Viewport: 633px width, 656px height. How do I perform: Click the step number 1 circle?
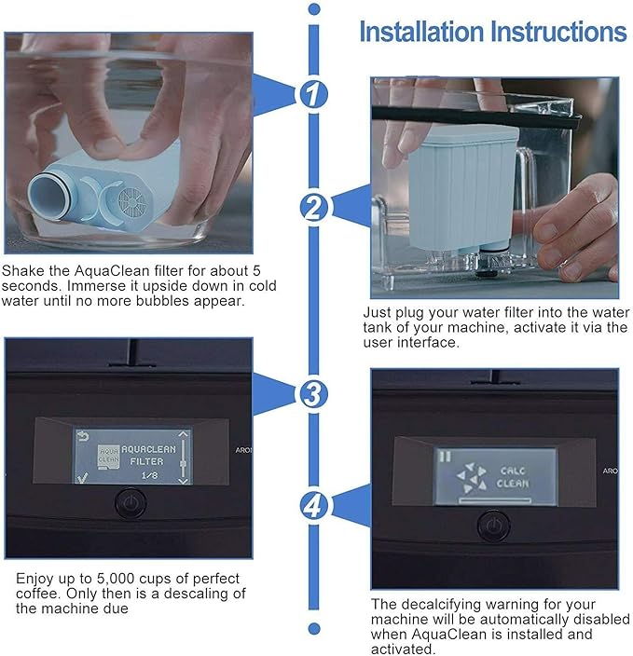click(313, 94)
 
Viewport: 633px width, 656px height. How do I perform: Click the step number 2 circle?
click(313, 208)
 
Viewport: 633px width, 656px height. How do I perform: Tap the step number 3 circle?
click(313, 394)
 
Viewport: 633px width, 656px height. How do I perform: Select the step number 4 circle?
click(313, 506)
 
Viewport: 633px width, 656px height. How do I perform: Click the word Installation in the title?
click(421, 32)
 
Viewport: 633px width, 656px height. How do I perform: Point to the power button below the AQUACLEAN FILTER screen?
click(131, 503)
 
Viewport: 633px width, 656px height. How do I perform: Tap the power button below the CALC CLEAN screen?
click(494, 526)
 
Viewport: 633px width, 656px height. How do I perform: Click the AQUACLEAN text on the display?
click(148, 449)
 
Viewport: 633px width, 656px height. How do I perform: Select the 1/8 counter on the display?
click(149, 475)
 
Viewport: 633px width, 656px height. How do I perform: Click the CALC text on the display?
click(513, 471)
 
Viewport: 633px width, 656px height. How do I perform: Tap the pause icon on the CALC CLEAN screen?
click(446, 457)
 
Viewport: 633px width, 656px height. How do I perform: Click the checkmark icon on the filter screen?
click(82, 477)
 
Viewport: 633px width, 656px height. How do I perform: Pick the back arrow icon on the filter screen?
click(83, 437)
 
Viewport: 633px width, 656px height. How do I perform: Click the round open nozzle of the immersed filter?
click(47, 196)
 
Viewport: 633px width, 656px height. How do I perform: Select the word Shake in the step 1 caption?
click(23, 270)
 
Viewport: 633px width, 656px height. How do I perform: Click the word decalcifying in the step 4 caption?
click(441, 605)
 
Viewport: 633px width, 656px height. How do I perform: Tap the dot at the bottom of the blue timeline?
click(313, 628)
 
